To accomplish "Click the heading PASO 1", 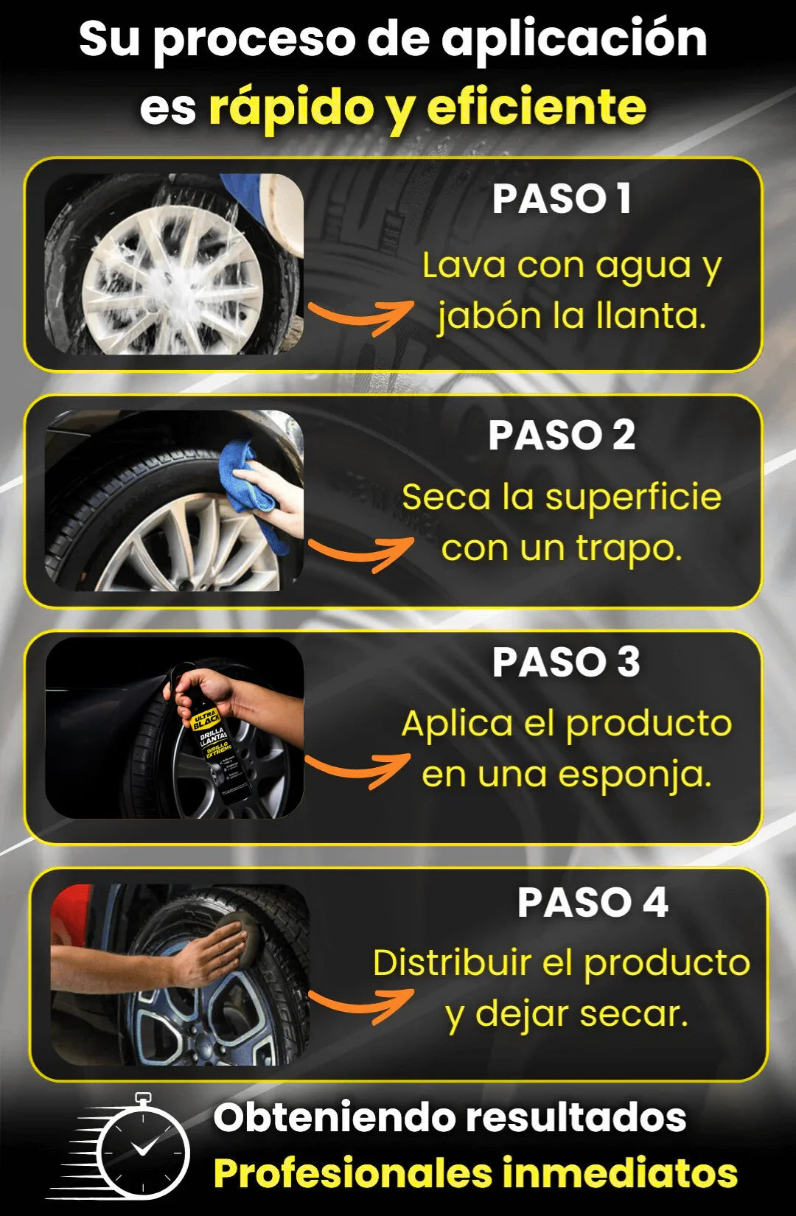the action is [562, 199].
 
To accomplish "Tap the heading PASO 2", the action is [562, 435].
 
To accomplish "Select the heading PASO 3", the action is [566, 663].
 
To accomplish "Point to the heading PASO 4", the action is [593, 902].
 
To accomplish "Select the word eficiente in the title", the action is [537, 106].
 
